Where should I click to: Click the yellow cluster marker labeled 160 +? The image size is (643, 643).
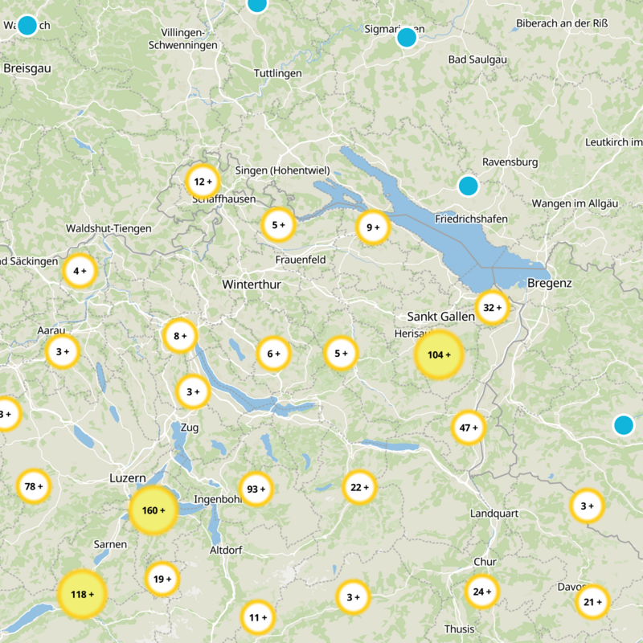pos(153,510)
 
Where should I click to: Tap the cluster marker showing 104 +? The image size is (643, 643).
pos(439,354)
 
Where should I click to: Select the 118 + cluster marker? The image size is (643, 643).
pos(82,594)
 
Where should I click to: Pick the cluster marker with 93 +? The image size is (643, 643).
pos(256,489)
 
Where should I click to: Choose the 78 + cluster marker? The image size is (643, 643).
pos(34,485)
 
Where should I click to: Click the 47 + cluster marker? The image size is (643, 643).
pos(469,428)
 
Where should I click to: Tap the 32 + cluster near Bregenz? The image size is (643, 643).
pos(492,307)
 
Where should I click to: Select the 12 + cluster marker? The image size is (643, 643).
pos(203,182)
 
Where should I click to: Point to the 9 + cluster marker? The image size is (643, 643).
pos(373,227)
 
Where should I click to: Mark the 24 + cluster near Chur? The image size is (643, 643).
pos(482,592)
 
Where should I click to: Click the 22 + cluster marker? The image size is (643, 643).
pos(359,486)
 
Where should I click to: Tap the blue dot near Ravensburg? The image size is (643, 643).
pos(468,186)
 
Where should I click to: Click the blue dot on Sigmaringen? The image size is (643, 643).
pos(407,37)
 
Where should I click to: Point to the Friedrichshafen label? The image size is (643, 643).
pos(471,219)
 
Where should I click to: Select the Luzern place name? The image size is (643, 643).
pos(127,477)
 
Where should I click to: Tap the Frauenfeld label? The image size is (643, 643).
pos(300,260)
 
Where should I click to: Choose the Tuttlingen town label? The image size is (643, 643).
pos(277,73)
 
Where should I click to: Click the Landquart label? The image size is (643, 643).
pos(494,513)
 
